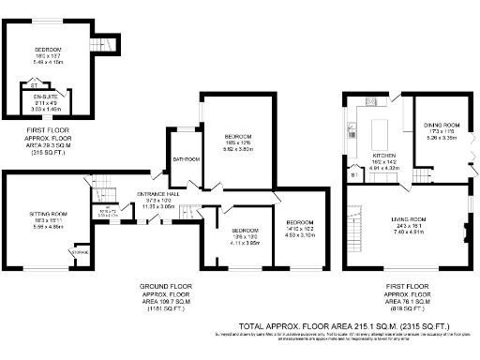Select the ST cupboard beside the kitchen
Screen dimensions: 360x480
[353, 174]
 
